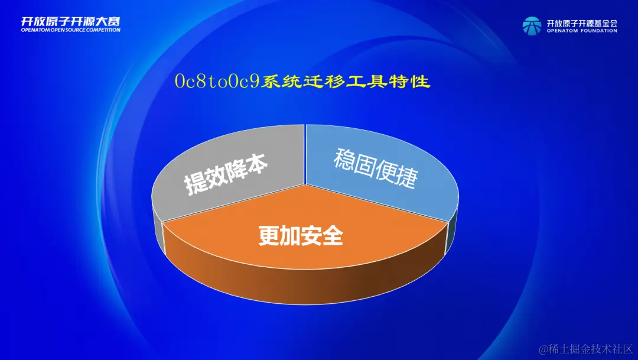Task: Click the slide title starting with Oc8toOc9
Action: point(302,82)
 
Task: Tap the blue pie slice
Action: point(380,171)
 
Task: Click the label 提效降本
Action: point(226,174)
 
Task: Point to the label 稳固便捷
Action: point(376,168)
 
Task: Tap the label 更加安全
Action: point(301,235)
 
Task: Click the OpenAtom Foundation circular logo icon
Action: point(532,26)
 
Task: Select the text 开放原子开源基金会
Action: point(582,23)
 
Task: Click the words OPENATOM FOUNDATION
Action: point(582,31)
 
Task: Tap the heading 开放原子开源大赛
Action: point(70,22)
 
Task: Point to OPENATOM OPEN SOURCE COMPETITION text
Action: point(70,30)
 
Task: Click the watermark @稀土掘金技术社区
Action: point(586,349)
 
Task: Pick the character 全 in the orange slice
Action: point(333,235)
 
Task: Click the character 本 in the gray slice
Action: point(256,164)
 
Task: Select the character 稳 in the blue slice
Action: point(343,159)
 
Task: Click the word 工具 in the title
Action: point(366,82)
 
